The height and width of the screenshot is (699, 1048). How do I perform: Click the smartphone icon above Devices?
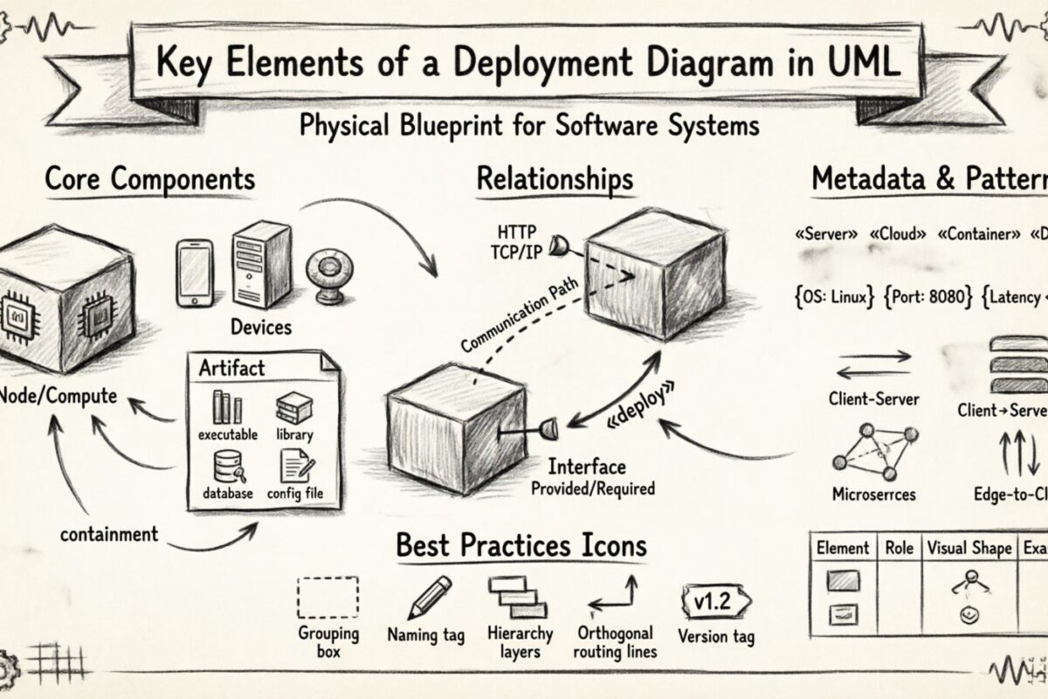pyautogui.click(x=194, y=273)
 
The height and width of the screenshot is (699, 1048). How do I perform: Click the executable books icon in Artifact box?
pyautogui.click(x=227, y=408)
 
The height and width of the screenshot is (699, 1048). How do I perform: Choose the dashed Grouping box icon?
pyautogui.click(x=327, y=598)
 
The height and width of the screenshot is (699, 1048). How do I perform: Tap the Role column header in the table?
pyautogui.click(x=899, y=548)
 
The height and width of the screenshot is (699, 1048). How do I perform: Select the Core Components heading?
pyautogui.click(x=149, y=179)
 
